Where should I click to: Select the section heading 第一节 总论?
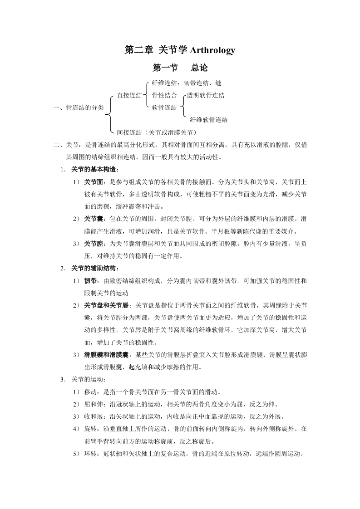pos(180,68)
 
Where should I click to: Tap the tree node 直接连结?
pos(129,95)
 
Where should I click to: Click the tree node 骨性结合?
pos(164,95)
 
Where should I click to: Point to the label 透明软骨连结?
pos(206,95)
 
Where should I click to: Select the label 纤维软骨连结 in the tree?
pos(209,120)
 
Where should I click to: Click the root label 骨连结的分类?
pos(85,108)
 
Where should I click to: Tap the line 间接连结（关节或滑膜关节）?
pos(157,132)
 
